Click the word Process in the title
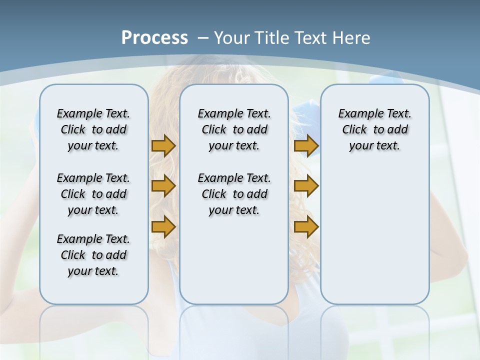point(154,37)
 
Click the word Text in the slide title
point(311,37)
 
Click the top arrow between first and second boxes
point(163,146)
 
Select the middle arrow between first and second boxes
point(163,186)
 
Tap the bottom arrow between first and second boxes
point(163,227)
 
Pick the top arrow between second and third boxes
point(306,146)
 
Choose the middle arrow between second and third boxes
point(306,186)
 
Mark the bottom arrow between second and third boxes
point(306,227)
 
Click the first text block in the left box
point(93,129)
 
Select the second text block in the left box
point(93,194)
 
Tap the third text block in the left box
point(93,255)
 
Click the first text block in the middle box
point(234,129)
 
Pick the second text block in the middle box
point(234,194)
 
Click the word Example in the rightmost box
point(356,114)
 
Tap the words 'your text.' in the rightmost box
point(374,146)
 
